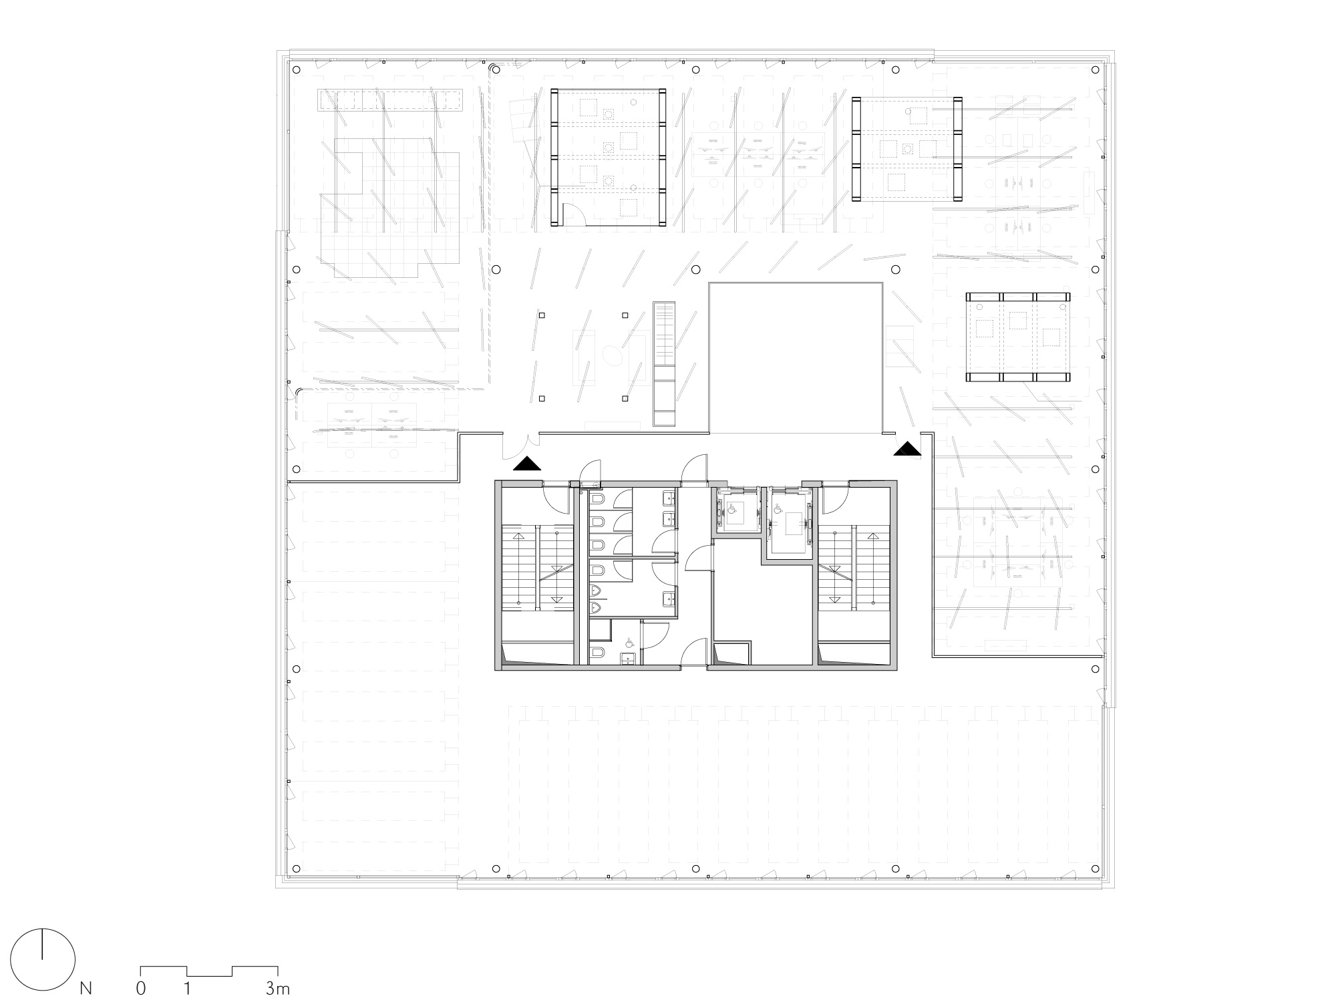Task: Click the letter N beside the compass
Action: (x=86, y=988)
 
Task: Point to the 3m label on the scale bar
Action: (x=277, y=988)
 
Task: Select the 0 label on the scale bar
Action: (x=141, y=988)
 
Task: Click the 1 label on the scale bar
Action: (x=188, y=988)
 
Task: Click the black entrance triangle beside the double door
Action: (x=527, y=463)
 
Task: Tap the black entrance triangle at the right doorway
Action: (x=908, y=449)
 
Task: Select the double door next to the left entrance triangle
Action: (x=521, y=446)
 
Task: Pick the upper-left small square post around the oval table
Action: (x=542, y=315)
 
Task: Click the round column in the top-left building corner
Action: (x=296, y=69)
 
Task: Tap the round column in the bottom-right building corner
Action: (x=1095, y=868)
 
